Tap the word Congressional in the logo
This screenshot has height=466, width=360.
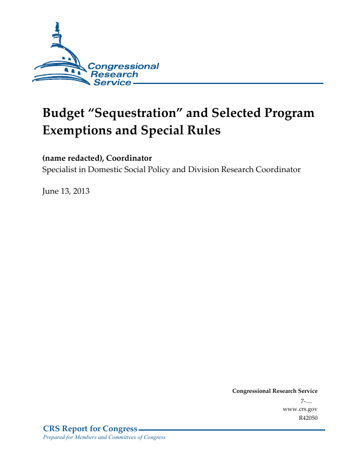pos(123,66)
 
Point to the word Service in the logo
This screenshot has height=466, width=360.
pos(112,83)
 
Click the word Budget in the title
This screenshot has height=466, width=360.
pos(63,113)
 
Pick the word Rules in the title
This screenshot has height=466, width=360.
pos(203,130)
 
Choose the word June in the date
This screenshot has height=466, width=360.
pos(50,191)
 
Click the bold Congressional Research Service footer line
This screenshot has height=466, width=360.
pos(274,391)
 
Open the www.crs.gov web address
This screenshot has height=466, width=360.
pos(299,408)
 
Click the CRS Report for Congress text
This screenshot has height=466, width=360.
pos(90,429)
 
